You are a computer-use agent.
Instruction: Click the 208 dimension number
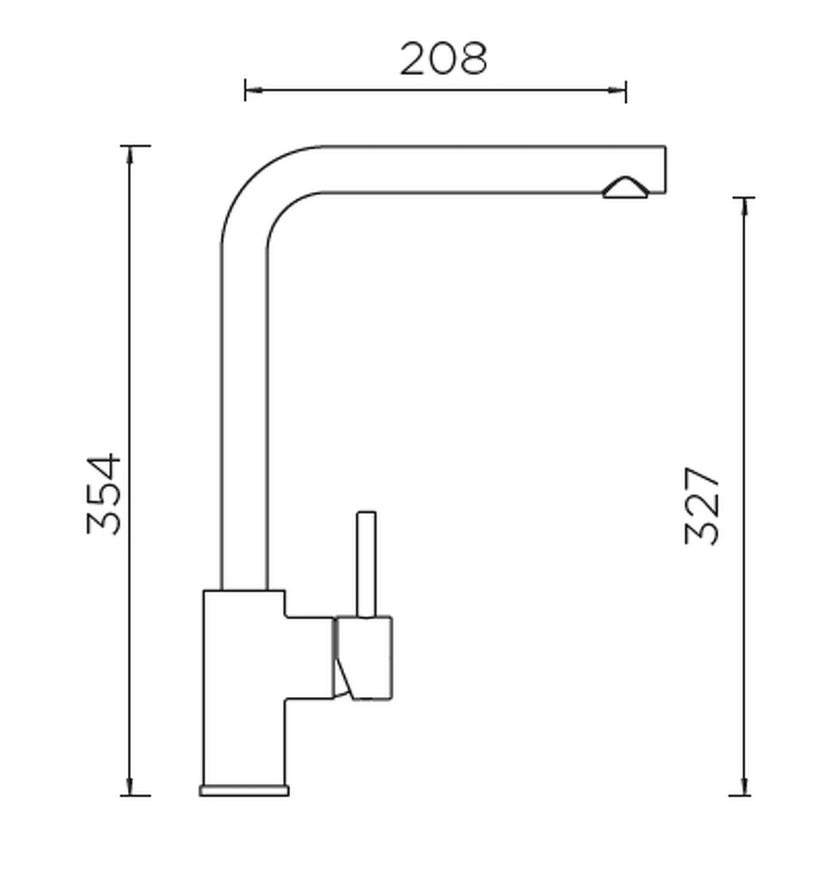coord(443,58)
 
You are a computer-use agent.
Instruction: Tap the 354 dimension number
coord(104,494)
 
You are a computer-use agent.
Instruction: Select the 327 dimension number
coord(703,506)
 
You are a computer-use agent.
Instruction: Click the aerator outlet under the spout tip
coord(625,188)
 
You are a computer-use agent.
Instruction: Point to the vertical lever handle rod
coord(366,565)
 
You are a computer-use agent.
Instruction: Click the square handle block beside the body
coord(362,658)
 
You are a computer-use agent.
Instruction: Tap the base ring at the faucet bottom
coord(244,790)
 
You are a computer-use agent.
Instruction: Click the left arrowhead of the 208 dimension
coord(253,90)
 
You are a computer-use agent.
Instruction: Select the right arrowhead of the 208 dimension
coord(617,90)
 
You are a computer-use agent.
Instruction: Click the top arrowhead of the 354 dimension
coord(130,155)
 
